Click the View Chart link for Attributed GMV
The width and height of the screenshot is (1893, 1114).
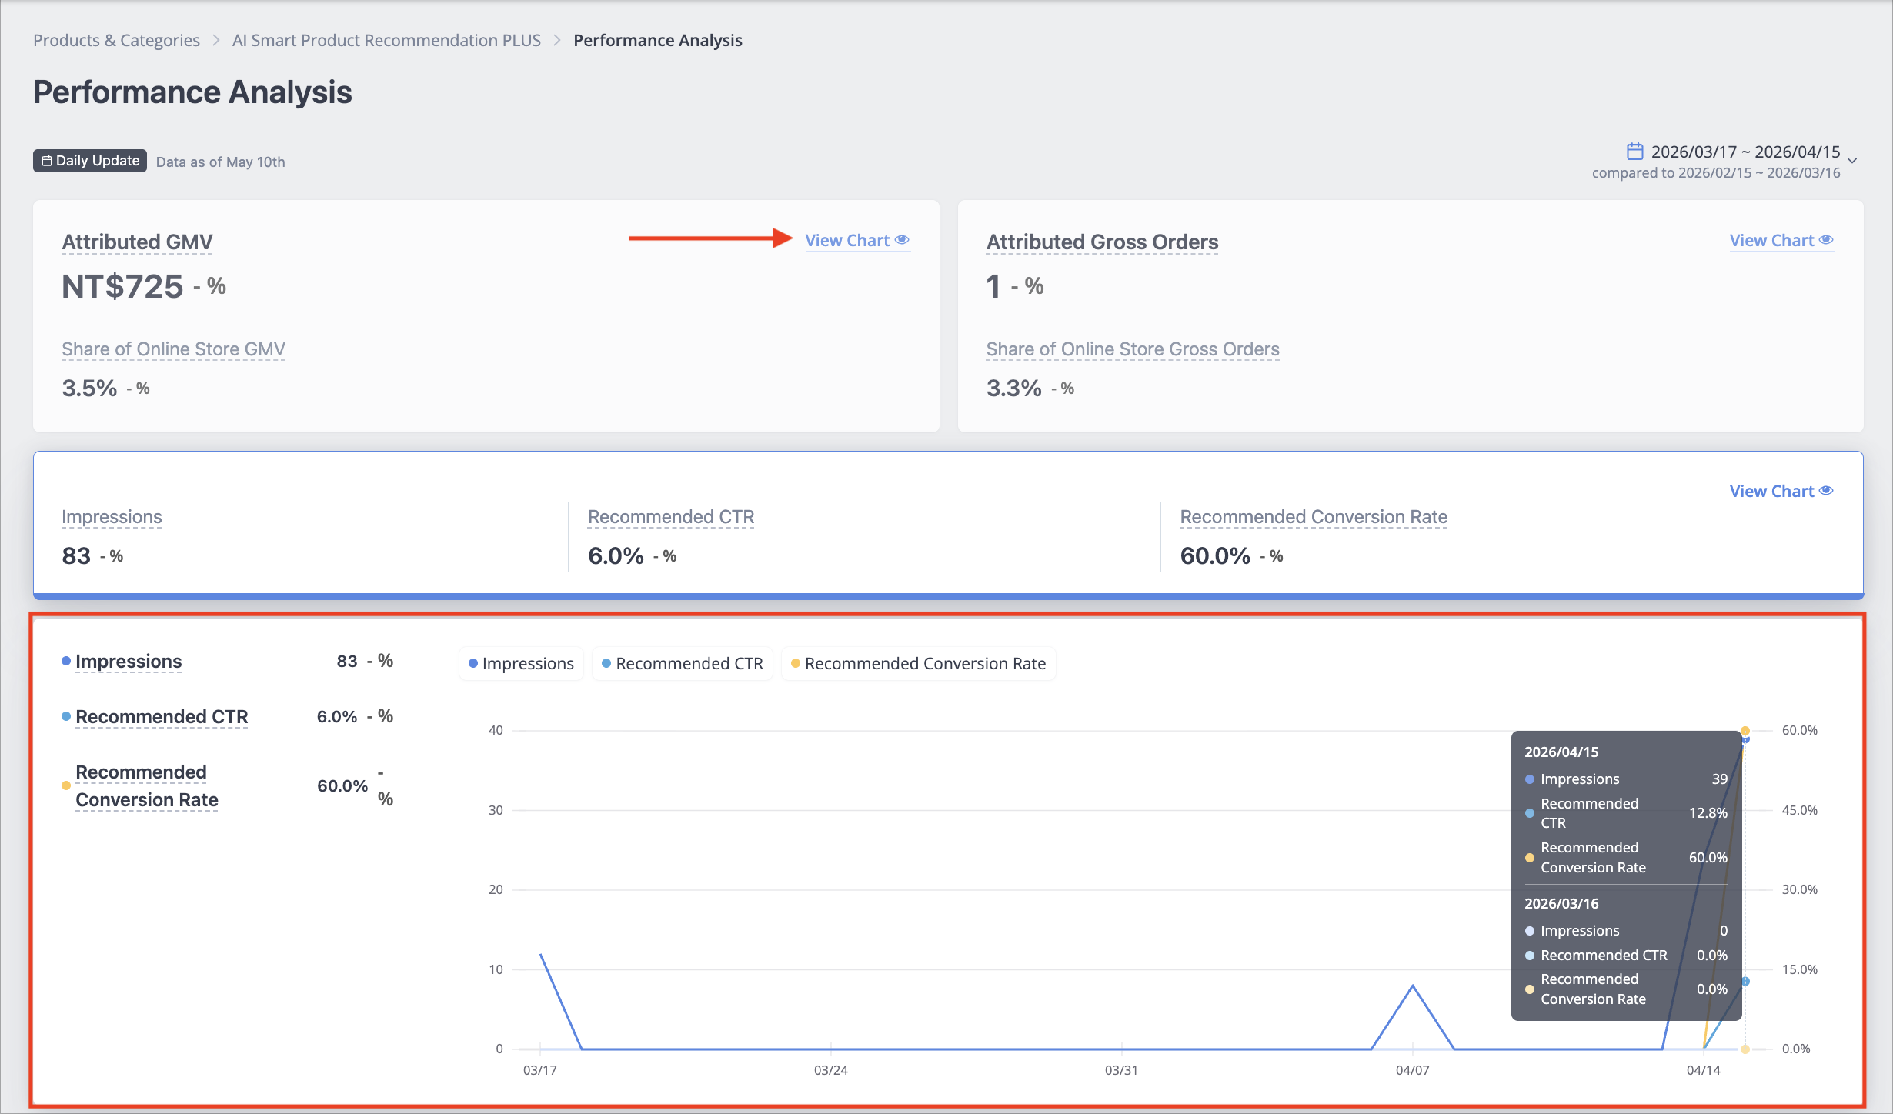(857, 241)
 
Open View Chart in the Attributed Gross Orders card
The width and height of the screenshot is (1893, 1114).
(1781, 241)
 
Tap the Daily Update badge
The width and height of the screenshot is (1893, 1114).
(89, 161)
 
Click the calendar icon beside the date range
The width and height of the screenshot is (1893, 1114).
(1634, 151)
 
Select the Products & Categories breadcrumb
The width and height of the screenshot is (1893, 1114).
(116, 40)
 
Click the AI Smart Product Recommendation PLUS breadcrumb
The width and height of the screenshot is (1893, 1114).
(386, 40)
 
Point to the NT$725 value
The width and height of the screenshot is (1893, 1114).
(122, 286)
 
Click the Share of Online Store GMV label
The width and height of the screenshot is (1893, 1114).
(173, 349)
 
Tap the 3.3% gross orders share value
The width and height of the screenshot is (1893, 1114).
(1013, 388)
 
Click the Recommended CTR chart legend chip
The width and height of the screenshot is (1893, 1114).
(682, 663)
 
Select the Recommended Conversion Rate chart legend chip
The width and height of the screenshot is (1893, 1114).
(918, 663)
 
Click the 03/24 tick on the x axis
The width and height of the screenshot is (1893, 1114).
(830, 1070)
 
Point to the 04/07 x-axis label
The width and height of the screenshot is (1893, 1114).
(1412, 1070)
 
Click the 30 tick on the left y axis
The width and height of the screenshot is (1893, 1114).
(496, 810)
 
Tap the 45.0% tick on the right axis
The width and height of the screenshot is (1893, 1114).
(1799, 810)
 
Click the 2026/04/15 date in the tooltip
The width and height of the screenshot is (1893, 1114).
(1561, 752)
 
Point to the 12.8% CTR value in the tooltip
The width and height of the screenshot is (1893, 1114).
(1708, 812)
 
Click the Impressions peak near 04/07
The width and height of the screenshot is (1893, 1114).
(1412, 986)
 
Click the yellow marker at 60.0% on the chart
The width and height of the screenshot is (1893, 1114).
(1745, 731)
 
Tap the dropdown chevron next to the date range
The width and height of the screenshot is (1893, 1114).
(1852, 161)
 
